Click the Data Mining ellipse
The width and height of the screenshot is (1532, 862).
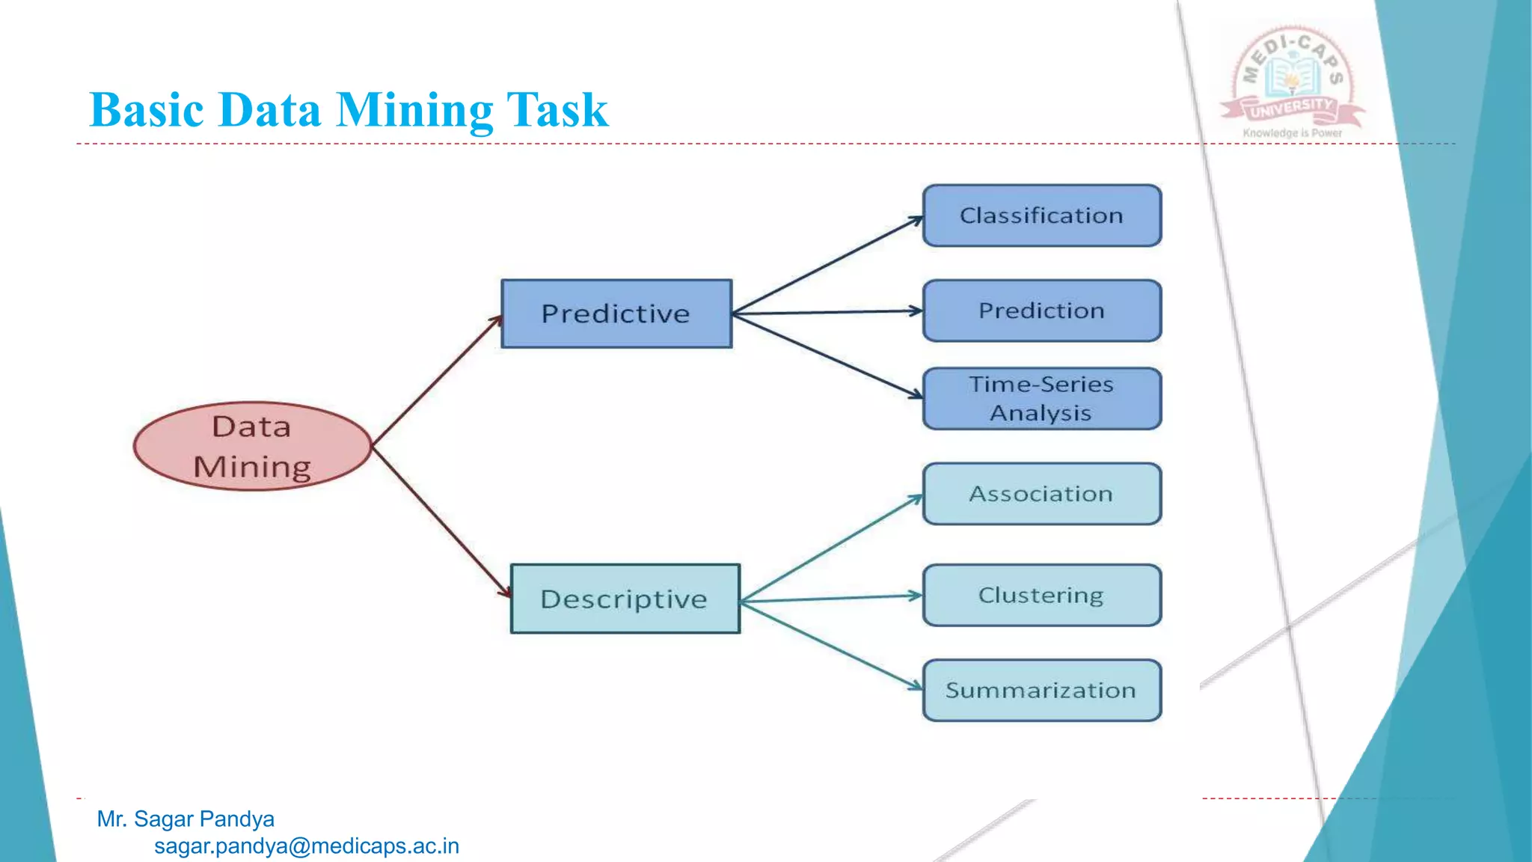253,446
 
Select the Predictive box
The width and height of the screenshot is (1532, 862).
616,314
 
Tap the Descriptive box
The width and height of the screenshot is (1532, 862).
625,599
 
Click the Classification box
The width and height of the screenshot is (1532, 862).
1042,215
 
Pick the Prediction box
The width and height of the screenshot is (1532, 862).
1042,311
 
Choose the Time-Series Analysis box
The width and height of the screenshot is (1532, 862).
1042,399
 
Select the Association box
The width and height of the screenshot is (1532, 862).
1042,494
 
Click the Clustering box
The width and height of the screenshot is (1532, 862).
1042,596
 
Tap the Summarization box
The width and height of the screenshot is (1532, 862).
1042,690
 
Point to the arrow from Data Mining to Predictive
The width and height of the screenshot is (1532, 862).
438,381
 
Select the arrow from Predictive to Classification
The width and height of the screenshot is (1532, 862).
827,265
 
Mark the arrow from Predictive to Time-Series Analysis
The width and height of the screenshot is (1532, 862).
827,355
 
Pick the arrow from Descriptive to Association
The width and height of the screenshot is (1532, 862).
830,548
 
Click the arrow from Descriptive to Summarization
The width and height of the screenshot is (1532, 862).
830,644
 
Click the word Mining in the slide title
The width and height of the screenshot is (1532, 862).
414,110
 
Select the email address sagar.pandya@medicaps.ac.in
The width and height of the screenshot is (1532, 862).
307,846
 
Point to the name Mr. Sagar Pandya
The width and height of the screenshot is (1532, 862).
186,819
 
